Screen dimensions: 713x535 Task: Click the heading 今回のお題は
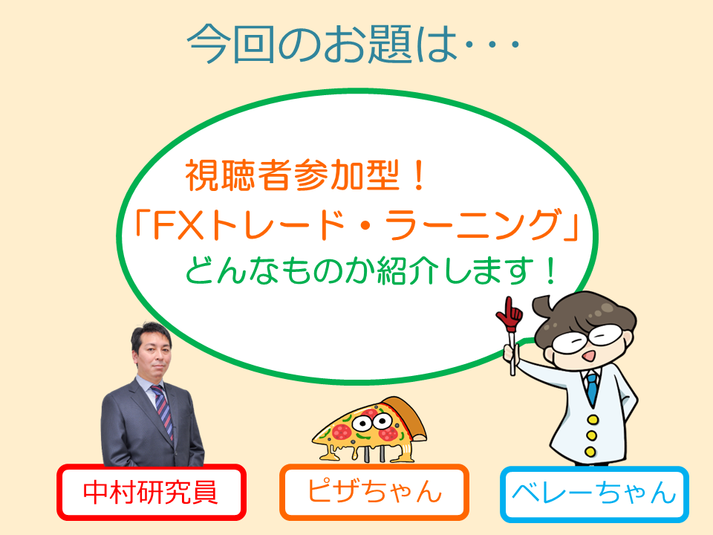[x=323, y=45]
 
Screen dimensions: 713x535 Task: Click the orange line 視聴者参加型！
[x=305, y=175]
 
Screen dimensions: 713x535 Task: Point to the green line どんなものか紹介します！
[x=371, y=271]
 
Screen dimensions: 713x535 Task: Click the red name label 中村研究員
[x=152, y=492]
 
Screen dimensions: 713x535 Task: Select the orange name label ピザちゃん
[x=374, y=492]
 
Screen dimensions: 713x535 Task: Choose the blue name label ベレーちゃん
[x=594, y=493]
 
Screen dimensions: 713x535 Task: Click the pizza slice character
[x=369, y=429]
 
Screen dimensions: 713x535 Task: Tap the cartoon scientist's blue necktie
[x=592, y=388]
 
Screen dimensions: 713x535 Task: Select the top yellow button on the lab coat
[x=593, y=419]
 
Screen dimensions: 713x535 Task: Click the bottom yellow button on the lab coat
[x=590, y=452]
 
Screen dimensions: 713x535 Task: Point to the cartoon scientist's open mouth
[x=589, y=355]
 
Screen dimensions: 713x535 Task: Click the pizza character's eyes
[x=372, y=422]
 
